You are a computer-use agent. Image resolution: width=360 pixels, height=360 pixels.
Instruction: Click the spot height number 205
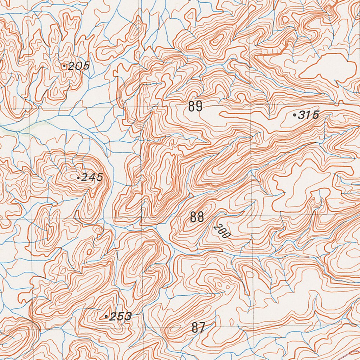(79, 66)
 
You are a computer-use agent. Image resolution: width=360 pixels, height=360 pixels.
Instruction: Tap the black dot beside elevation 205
(64, 66)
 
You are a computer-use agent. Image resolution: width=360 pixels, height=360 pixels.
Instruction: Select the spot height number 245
(92, 178)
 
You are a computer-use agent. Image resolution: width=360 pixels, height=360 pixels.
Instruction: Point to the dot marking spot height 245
(78, 178)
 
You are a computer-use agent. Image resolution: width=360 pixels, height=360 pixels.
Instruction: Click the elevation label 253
(120, 317)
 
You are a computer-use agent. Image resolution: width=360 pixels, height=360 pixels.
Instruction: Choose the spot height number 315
(309, 115)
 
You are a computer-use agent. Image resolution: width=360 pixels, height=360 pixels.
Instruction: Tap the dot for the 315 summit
(294, 115)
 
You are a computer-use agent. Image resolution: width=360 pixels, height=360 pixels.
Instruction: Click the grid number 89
(195, 106)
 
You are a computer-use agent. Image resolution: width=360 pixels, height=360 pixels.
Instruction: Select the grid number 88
(197, 217)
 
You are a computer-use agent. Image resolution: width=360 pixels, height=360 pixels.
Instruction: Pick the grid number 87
(198, 328)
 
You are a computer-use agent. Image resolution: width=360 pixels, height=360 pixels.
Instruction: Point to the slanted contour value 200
(220, 232)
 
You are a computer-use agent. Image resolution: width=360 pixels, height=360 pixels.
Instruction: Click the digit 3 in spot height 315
(302, 115)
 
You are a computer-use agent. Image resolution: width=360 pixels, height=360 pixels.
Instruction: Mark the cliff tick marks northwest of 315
(271, 53)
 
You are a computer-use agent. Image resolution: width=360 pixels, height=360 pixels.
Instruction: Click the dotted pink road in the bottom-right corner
(348, 353)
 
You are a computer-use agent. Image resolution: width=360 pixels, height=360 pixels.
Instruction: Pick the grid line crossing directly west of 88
(142, 218)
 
